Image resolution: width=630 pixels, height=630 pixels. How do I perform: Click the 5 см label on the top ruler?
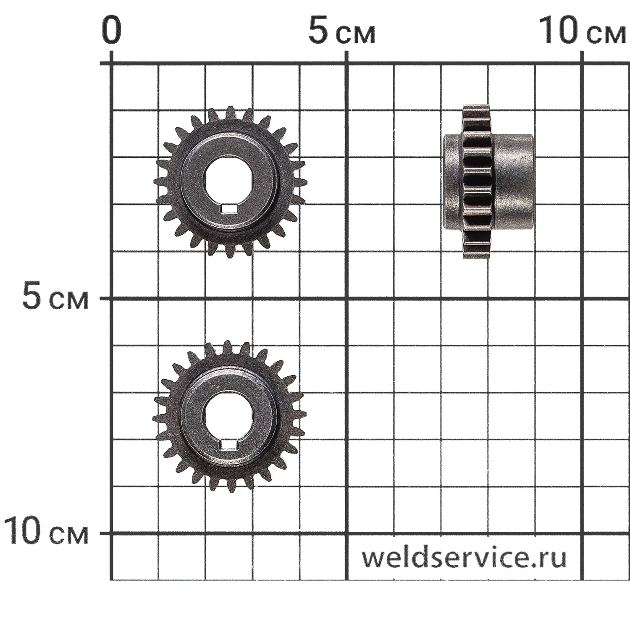341,31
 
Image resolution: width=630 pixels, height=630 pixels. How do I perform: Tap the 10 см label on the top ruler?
582,31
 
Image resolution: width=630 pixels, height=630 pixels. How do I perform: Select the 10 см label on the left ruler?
46,531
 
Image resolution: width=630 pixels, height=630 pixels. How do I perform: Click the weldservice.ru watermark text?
464,557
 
